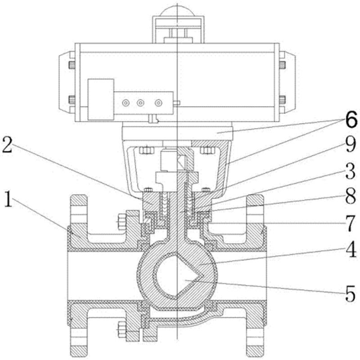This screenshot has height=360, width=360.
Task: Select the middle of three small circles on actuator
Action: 141,103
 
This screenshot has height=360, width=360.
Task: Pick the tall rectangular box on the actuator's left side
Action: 100,99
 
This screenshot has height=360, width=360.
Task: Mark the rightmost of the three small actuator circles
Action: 157,103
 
